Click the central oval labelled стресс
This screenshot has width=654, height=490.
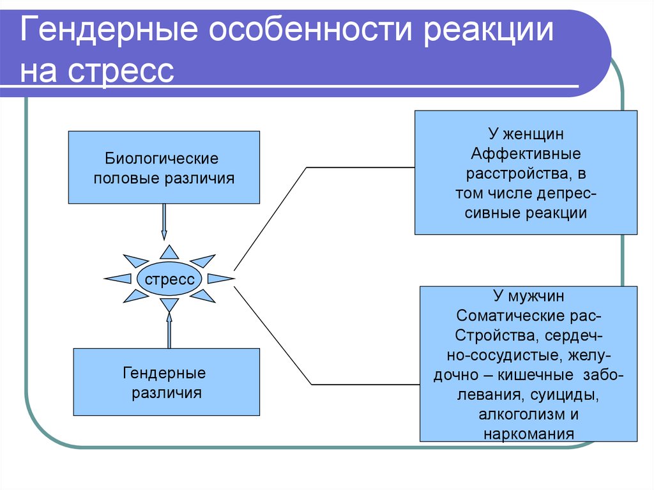(169, 279)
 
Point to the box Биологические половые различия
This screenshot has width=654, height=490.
(163, 167)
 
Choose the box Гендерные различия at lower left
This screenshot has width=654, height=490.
(167, 382)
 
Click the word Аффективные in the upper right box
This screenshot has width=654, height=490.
(526, 155)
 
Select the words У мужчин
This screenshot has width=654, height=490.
(528, 297)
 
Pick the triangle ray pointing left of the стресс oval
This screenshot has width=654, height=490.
(118, 279)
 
